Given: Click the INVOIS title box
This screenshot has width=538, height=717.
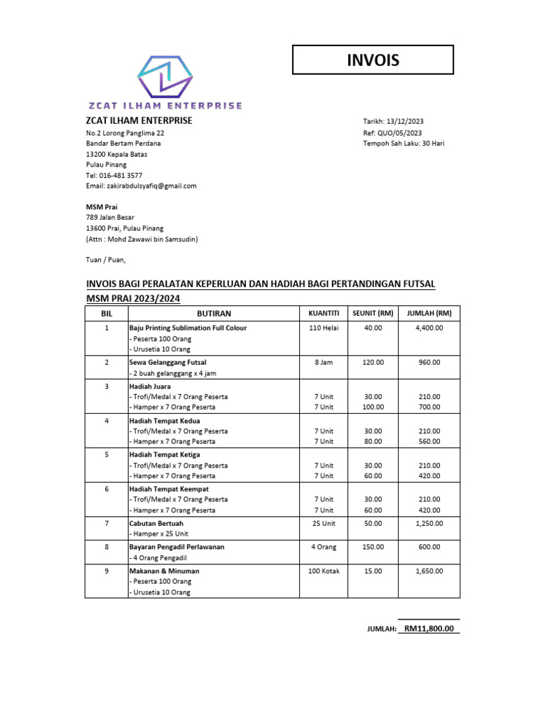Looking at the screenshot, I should (373, 60).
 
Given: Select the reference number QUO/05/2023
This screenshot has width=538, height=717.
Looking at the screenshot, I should (401, 133).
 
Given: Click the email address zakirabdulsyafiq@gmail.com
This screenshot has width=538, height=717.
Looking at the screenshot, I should (151, 186).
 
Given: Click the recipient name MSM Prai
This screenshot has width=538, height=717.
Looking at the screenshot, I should (102, 207).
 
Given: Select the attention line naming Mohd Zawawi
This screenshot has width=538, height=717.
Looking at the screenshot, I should (142, 239).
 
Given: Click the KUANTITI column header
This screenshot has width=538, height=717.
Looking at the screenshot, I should (324, 313).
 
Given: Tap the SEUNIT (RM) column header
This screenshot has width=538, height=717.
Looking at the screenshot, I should (373, 313).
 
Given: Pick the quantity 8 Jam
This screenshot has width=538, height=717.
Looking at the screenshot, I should (324, 363).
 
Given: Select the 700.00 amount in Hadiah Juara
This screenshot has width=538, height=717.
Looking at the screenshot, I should (429, 407).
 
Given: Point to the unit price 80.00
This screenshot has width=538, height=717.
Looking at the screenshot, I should (373, 442).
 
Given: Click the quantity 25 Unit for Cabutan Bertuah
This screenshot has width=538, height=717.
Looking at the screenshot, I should (324, 523).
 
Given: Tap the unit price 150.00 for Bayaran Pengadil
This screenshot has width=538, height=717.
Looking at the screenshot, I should (373, 547).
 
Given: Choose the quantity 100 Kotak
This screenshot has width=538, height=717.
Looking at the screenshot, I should (324, 571).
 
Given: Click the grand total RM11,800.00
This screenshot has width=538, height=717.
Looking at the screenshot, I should (429, 629).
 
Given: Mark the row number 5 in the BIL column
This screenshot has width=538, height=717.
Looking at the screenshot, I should (106, 454).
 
